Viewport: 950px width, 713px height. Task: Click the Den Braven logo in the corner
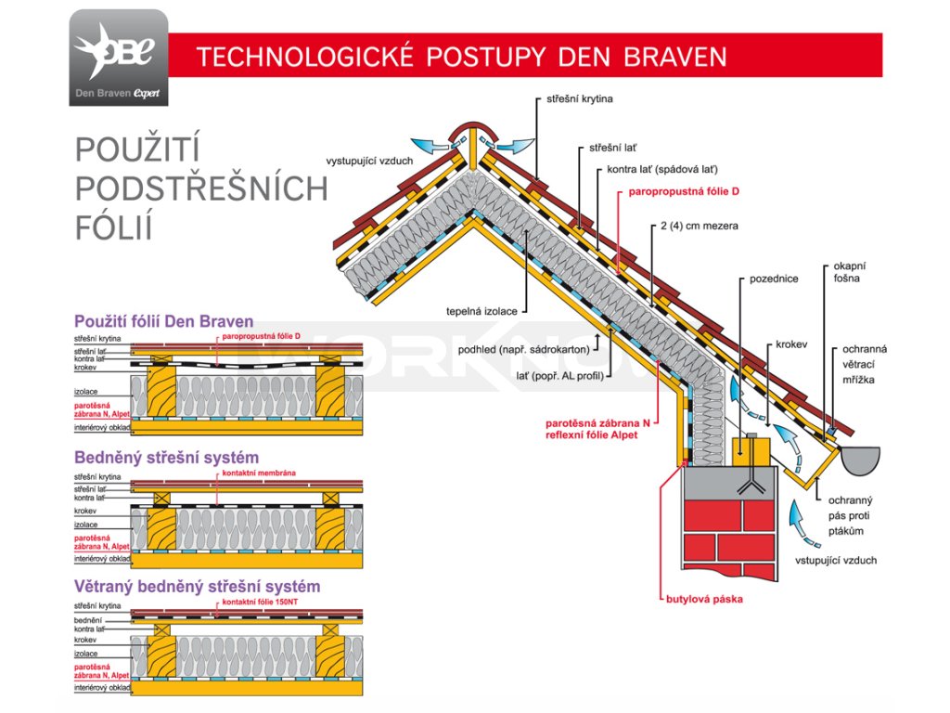tap(119, 58)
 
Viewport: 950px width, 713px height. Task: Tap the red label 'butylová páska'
tap(704, 599)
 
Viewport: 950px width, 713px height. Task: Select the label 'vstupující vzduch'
tap(835, 561)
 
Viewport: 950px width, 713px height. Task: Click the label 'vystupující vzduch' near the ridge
tap(369, 160)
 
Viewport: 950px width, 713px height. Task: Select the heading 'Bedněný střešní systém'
tap(166, 458)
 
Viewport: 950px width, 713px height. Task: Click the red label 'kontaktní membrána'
tap(259, 473)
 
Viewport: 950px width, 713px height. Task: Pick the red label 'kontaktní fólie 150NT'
tap(261, 603)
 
